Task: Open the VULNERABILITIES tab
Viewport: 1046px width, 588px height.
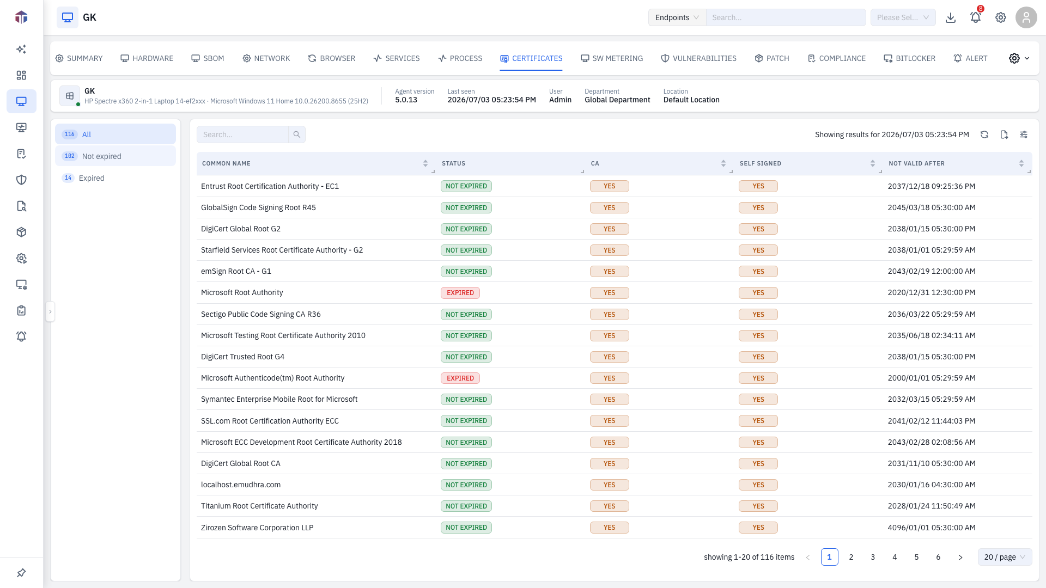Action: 698,58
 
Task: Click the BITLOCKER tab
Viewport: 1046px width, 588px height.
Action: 909,58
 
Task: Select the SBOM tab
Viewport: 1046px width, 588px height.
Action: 208,58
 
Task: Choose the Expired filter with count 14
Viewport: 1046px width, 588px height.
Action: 115,178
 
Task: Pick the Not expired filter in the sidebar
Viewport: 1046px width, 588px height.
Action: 115,156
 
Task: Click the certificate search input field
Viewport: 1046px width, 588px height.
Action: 242,134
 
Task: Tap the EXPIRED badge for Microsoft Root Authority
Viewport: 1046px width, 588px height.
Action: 460,293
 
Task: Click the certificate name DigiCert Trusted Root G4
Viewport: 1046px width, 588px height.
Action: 242,357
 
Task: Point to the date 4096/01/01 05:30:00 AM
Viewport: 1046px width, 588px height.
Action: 932,528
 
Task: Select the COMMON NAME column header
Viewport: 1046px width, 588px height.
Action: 226,163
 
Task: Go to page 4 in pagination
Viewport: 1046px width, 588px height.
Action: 895,557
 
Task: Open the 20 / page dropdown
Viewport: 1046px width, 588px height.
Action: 1005,557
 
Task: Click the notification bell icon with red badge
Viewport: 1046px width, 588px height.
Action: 976,17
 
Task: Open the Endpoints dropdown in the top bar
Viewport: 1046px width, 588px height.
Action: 677,17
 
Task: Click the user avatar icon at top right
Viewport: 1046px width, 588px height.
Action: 1026,17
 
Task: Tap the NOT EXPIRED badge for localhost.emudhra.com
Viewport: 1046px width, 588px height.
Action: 466,485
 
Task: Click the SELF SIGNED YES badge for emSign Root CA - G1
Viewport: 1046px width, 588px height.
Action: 758,272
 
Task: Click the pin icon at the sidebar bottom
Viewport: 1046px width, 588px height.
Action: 21,573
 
